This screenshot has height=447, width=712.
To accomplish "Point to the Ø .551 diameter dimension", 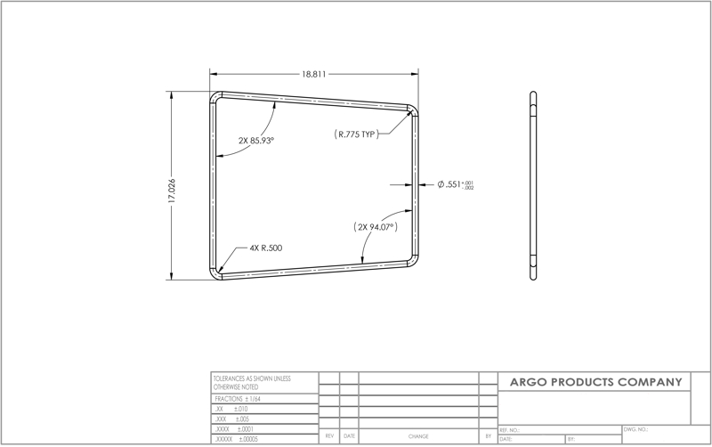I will click(455, 184).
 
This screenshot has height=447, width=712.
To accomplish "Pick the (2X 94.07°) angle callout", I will click(375, 227).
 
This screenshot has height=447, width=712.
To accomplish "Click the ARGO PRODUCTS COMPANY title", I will click(595, 382).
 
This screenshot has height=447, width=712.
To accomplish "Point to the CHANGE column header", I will click(418, 437).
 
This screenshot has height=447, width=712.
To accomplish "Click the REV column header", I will click(329, 437).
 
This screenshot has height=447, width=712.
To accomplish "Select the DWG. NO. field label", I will click(635, 429).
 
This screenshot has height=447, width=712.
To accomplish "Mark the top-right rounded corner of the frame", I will click(412, 110).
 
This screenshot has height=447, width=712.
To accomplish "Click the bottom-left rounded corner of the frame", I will click(215, 273).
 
